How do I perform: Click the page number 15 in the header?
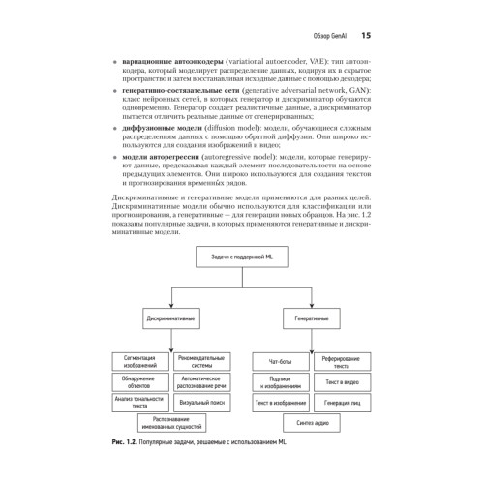pos(366,36)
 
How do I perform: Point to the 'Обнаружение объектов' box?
pos(135,380)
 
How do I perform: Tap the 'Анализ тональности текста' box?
pos(135,399)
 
